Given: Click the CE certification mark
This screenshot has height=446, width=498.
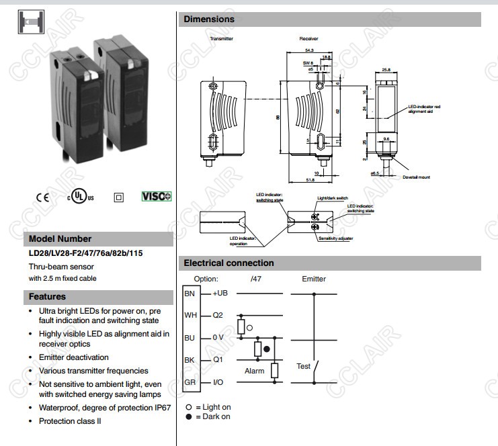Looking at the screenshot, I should point(43,197).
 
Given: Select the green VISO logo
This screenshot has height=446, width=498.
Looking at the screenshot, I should point(157,197).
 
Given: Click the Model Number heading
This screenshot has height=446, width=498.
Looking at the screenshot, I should point(60,238).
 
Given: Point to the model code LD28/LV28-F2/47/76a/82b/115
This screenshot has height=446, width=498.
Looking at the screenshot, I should point(85,253).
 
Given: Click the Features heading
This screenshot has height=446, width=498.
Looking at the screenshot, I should point(47,296).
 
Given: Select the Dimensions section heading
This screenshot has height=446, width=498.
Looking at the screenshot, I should point(209,19).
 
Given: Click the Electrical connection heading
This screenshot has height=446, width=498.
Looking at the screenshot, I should point(229,263).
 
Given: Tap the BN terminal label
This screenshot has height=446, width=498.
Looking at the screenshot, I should point(190,294).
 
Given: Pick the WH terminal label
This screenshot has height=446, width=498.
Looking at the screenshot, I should point(190,315).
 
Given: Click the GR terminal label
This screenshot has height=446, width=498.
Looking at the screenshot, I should point(190,382).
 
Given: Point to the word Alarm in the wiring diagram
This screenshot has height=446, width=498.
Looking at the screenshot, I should point(254,370).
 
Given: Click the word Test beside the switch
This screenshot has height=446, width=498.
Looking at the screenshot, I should point(304,366).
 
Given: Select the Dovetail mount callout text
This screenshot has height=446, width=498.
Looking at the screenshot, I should point(416,177).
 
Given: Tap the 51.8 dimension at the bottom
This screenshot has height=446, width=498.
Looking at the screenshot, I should point(310,180).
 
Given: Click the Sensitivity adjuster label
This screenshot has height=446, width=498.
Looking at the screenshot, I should point(335,238).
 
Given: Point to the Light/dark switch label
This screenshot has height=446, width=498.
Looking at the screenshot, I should point(332,199).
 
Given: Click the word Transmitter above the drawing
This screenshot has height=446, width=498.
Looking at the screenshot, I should point(221,39).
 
